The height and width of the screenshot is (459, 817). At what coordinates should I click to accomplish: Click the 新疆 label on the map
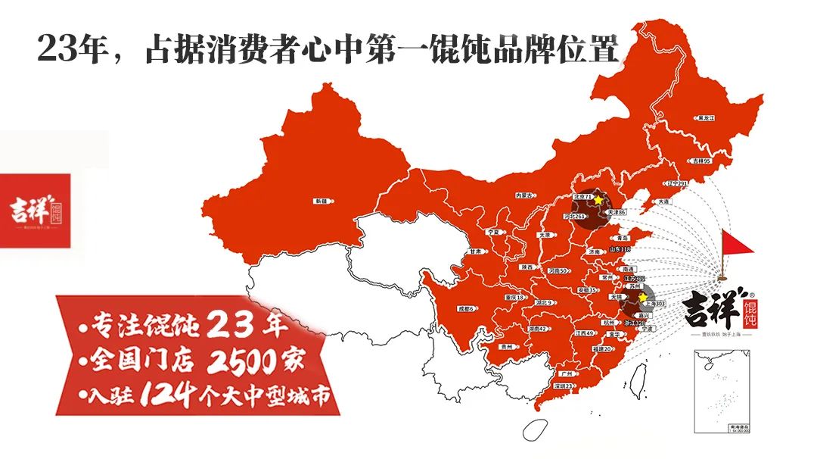coord(320,201)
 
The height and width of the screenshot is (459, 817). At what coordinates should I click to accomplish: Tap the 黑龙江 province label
coord(706,118)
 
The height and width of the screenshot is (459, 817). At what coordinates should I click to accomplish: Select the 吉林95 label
coord(700,161)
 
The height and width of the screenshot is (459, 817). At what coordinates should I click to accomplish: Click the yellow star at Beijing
coord(598,200)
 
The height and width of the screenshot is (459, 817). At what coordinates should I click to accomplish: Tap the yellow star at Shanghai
coord(643,297)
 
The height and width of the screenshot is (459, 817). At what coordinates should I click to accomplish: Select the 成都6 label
coord(465,309)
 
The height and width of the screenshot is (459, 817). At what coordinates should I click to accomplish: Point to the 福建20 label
coord(602,349)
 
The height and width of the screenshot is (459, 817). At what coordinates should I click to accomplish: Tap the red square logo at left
coord(35,210)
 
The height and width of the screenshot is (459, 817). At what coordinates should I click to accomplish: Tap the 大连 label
coord(663,202)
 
